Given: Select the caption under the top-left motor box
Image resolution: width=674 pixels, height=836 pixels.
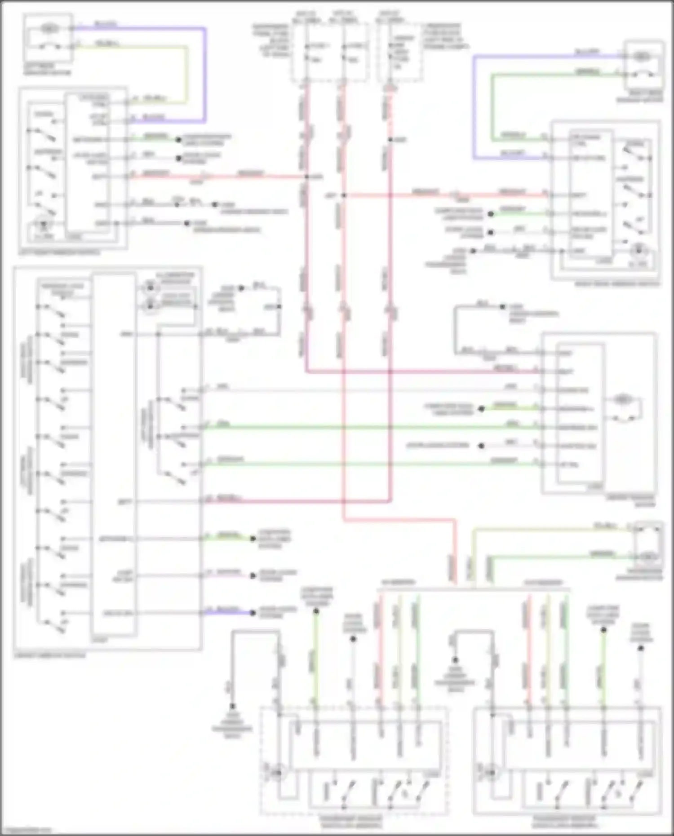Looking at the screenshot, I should pos(47,69).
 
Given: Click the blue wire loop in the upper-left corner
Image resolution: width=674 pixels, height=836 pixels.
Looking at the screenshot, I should pos(205,72).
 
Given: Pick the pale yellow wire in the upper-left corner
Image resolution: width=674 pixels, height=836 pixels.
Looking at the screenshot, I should pos(185,72).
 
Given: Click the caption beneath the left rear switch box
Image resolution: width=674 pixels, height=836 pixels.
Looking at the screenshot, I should pos(60,253).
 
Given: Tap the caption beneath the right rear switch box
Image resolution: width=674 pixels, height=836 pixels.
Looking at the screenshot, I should pos(616,284).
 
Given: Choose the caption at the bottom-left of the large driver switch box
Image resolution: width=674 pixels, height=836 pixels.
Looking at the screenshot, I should pos(49,655).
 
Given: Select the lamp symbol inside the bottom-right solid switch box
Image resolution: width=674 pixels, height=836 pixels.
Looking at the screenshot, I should pos(491,773).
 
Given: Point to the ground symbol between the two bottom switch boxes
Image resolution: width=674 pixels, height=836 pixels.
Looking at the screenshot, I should pos(455,661).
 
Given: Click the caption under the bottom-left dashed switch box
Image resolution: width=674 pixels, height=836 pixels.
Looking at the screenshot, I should pos(351,822).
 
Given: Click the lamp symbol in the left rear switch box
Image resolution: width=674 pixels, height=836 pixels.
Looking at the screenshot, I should pos(44,224).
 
